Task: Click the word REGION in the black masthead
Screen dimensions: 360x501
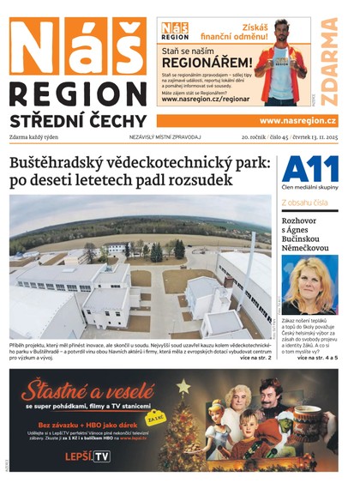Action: [77, 95]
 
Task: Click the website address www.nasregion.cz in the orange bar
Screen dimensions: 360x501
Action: [297, 121]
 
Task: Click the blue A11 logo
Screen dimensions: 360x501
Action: [309, 169]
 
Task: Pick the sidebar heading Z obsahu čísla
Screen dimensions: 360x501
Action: [304, 202]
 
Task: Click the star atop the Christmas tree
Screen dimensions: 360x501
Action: [183, 387]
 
